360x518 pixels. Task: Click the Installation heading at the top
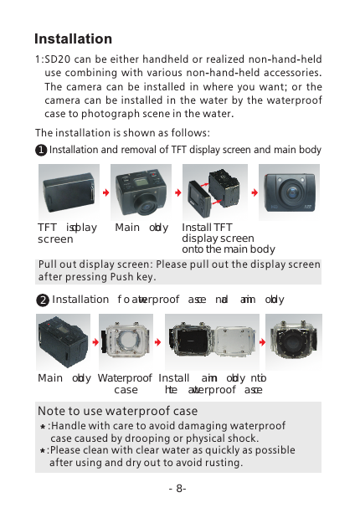tap(73, 39)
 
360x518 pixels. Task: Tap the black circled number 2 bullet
tap(42, 300)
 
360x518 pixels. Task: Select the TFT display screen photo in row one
tap(68, 190)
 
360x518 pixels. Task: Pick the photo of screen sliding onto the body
tap(213, 191)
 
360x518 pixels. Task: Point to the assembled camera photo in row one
tap(288, 190)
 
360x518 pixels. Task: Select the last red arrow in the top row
tap(249, 191)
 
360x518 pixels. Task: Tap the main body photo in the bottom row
tap(64, 341)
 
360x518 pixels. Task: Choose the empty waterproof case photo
tap(126, 341)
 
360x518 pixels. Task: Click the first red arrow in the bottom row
tap(94, 342)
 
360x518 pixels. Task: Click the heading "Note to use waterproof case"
tap(118, 411)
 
